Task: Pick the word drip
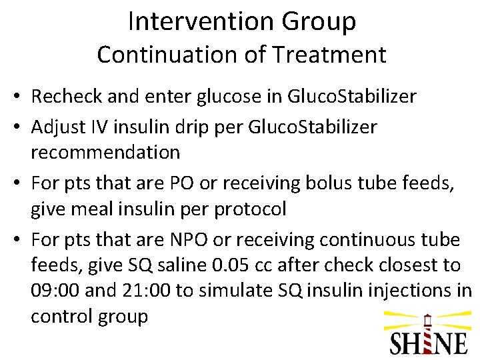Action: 226,127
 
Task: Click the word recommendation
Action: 105,152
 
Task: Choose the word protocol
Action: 250,209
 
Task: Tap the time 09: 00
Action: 56,291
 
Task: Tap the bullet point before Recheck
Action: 15,97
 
